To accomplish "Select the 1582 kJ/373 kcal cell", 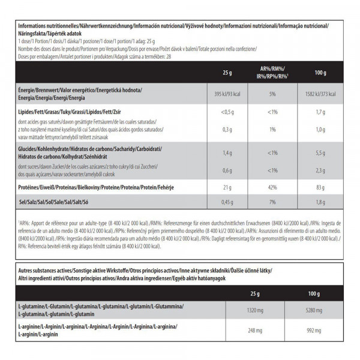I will [320, 94].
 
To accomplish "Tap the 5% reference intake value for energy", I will [272, 94].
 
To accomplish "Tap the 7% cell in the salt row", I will [272, 202].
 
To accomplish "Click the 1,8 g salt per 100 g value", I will [320, 202].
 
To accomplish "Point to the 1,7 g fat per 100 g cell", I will [320, 112].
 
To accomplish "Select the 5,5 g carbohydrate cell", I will [320, 153].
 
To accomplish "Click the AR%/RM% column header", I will [272, 73].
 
